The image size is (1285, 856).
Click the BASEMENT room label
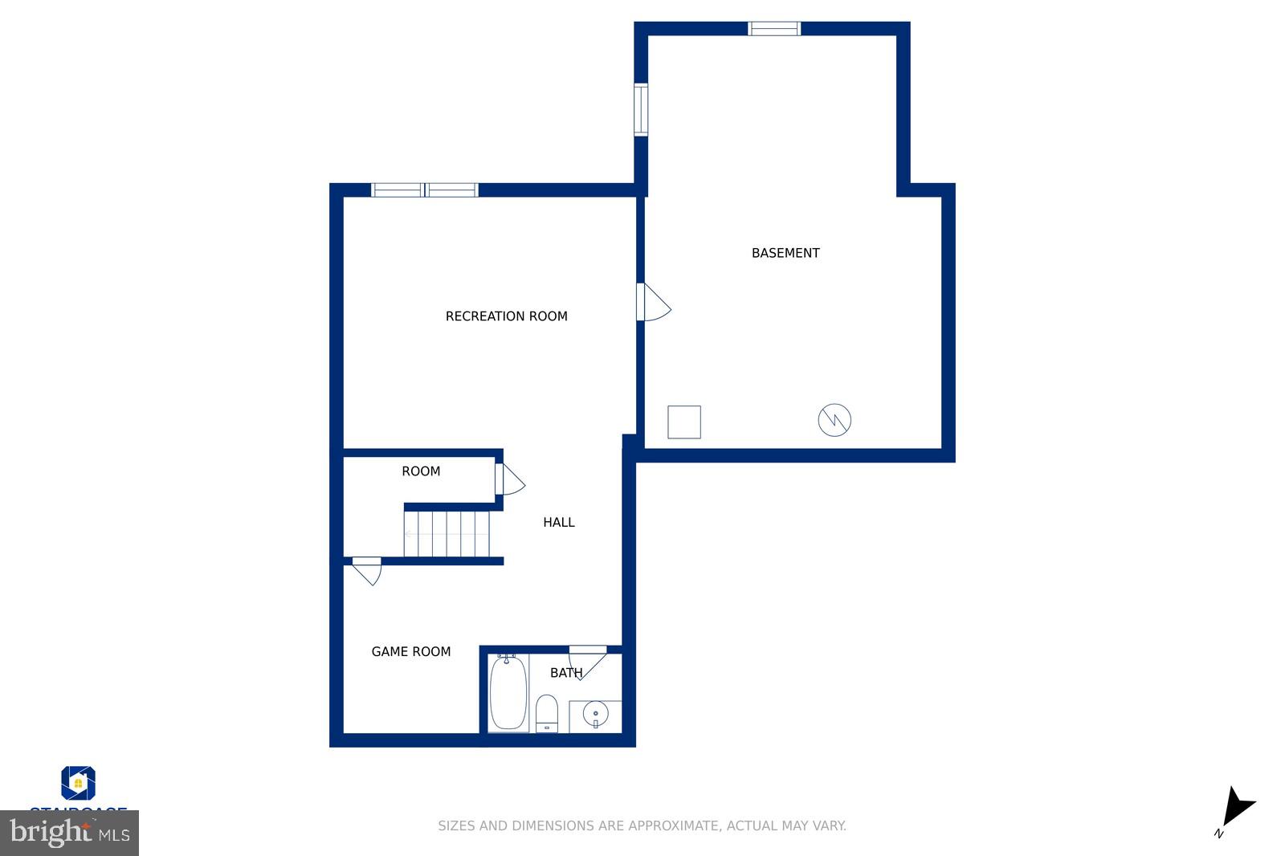pos(785,253)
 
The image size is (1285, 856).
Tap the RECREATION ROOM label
pos(506,316)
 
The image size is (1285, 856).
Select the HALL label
pos(558,522)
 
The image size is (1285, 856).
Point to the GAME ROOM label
pos(410,651)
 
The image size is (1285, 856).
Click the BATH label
pos(565,673)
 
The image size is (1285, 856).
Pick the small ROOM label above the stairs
pos(421,471)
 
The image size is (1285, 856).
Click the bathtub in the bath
pos(508,692)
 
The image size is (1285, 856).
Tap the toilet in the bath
pos(547,713)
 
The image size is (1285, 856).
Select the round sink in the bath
pos(595,713)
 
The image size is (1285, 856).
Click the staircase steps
pos(447,534)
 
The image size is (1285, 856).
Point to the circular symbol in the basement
pos(834,420)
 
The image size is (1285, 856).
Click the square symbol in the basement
pos(684,422)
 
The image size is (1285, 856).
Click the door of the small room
pos(508,480)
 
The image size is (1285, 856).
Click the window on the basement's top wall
pos(774,29)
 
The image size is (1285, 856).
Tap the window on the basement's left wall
pos(641,110)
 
